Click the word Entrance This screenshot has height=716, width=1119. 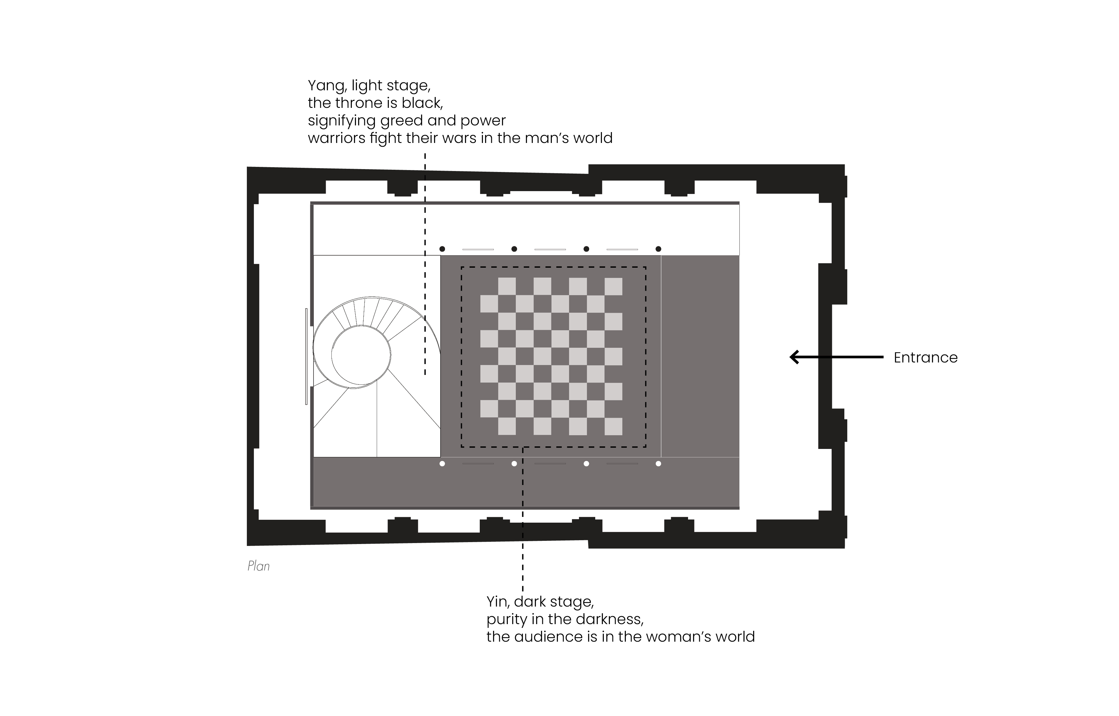pos(925,358)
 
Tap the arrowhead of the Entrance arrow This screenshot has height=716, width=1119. pos(794,357)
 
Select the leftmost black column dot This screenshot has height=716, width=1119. pos(442,249)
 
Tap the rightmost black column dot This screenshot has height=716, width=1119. pos(658,249)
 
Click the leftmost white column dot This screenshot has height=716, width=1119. pos(442,464)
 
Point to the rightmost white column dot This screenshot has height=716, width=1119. pos(658,464)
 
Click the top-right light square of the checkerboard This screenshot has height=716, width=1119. pos(613,287)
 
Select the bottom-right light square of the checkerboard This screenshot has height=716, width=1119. pos(613,426)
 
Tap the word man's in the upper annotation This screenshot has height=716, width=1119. pos(545,138)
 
